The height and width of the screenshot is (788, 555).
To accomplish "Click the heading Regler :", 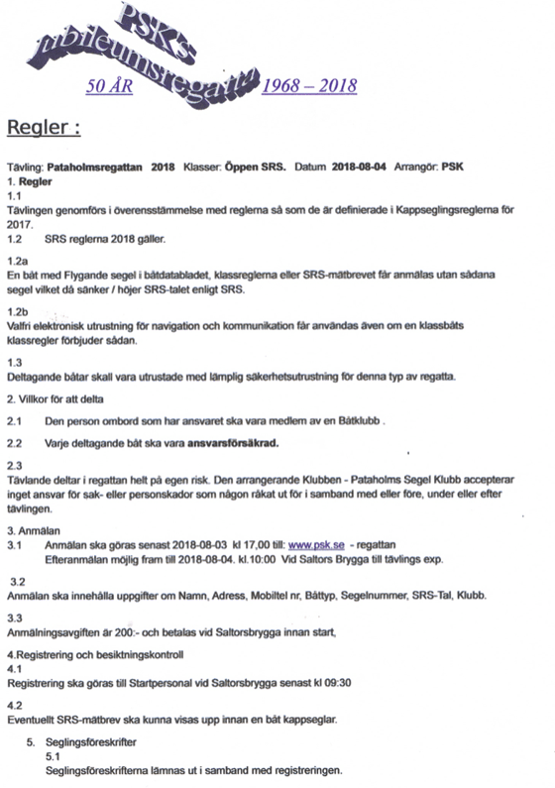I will pos(44,128).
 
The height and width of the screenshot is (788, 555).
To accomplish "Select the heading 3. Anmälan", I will pos(33,531).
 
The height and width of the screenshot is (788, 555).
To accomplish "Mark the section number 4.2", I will pos(15,706).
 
